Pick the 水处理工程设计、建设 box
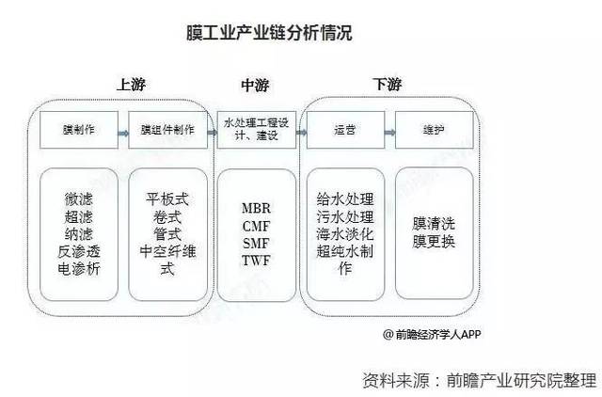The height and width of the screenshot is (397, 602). pyautogui.click(x=256, y=128)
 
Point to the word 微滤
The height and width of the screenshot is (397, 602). pyautogui.click(x=79, y=200)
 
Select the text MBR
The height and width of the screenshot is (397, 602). pyautogui.click(x=256, y=208)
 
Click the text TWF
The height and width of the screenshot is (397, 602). pyautogui.click(x=256, y=259)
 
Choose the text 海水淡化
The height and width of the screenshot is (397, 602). pyautogui.click(x=346, y=234)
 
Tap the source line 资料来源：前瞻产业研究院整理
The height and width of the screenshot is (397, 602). pyautogui.click(x=479, y=379)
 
